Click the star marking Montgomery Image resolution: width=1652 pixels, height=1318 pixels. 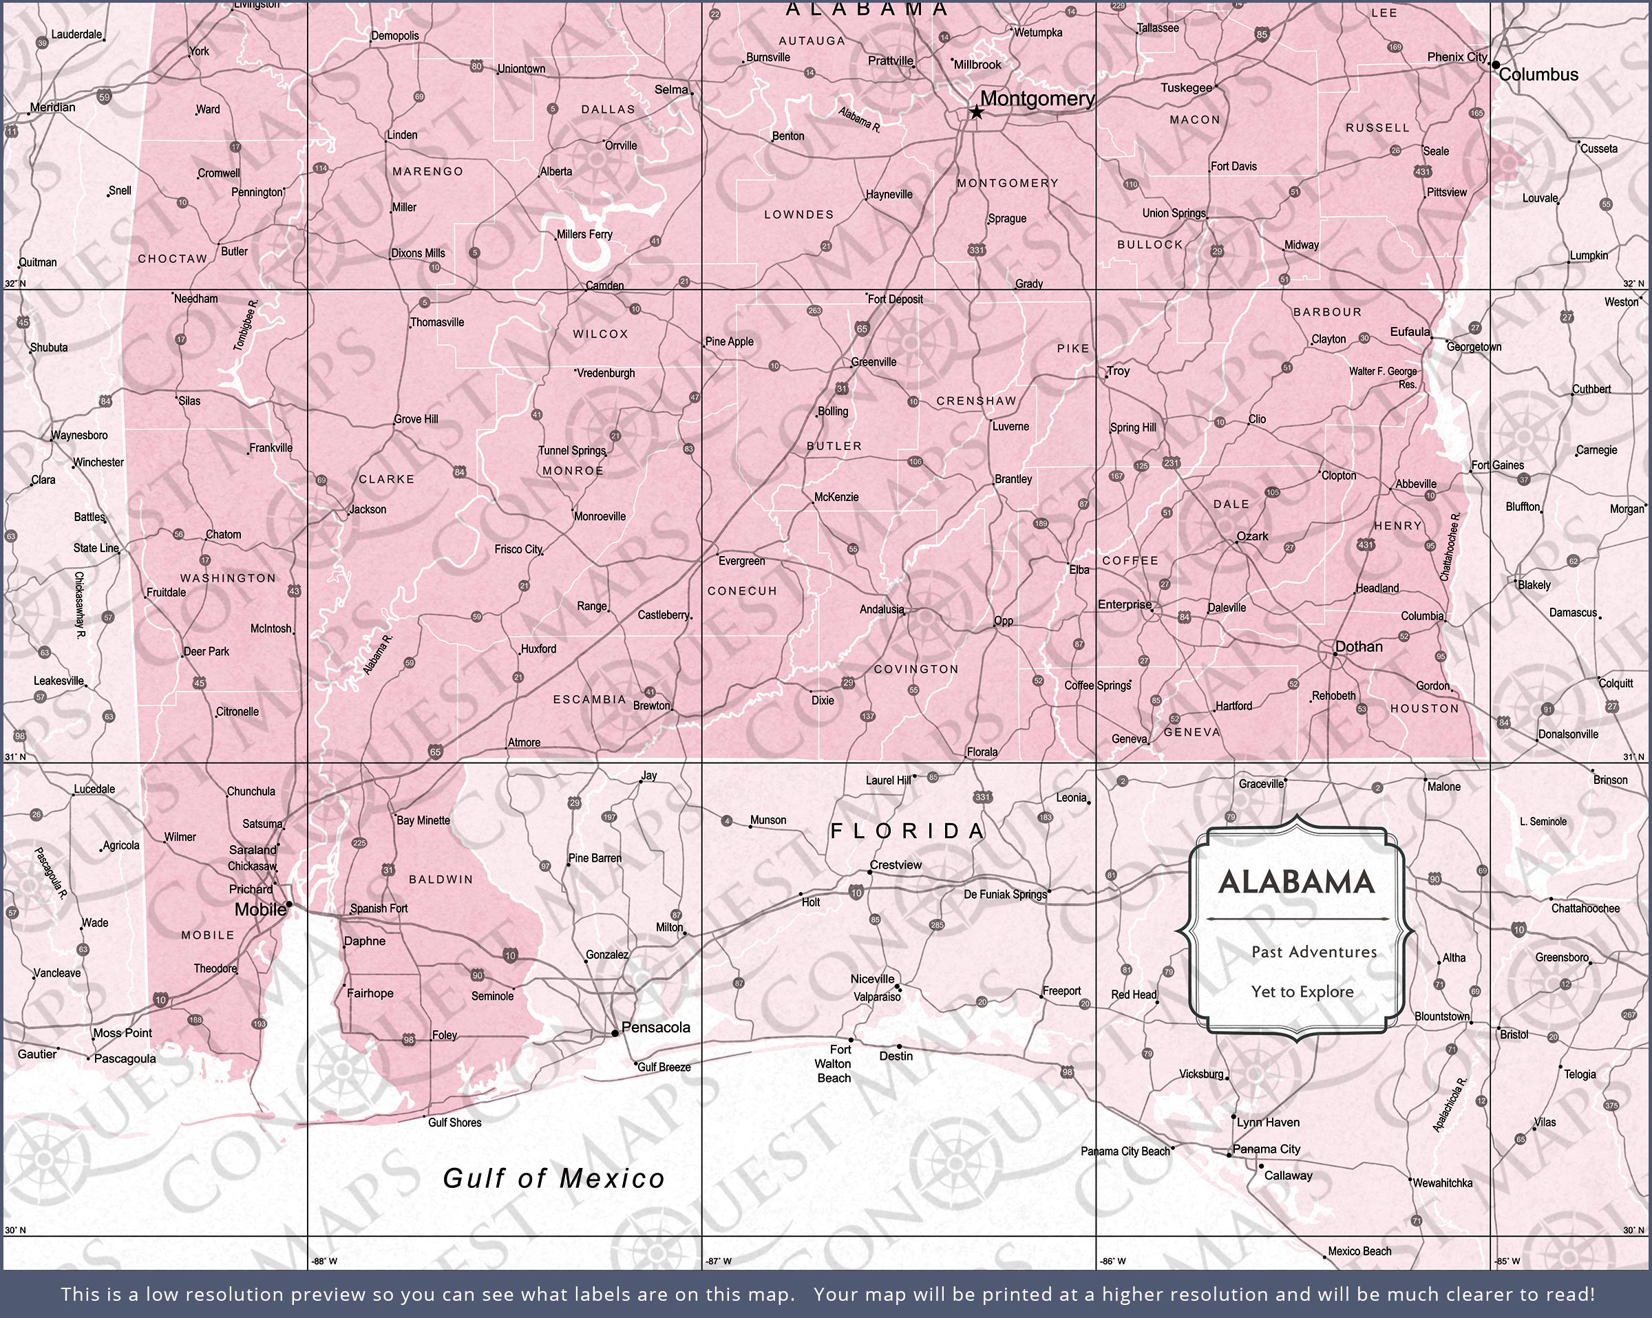(976, 113)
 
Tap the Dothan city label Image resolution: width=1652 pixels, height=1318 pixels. (1359, 647)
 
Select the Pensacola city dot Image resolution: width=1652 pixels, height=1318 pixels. (615, 1033)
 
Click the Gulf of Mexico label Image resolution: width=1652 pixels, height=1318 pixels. (554, 1178)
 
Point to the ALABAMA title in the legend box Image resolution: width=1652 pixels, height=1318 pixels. (1296, 883)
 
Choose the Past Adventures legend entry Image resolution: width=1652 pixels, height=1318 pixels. (1314, 952)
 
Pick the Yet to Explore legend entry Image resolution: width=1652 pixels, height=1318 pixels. (1302, 992)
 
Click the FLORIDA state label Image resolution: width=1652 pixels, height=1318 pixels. (908, 831)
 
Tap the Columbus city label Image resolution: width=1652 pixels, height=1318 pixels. (1538, 75)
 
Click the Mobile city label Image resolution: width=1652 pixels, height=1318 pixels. (260, 910)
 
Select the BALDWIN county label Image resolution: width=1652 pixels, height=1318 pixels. (441, 880)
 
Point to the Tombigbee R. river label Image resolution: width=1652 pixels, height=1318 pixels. (246, 326)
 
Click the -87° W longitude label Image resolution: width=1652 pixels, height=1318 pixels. (718, 1260)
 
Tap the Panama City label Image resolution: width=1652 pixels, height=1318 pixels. (1267, 1149)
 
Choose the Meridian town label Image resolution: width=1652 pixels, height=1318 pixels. (53, 107)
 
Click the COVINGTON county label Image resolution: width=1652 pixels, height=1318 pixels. (915, 669)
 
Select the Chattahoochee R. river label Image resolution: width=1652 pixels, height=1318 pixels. (1450, 546)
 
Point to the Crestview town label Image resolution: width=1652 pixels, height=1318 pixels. (896, 864)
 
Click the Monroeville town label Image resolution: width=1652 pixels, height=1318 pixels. (600, 516)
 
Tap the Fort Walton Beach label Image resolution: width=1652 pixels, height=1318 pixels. (834, 1063)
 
